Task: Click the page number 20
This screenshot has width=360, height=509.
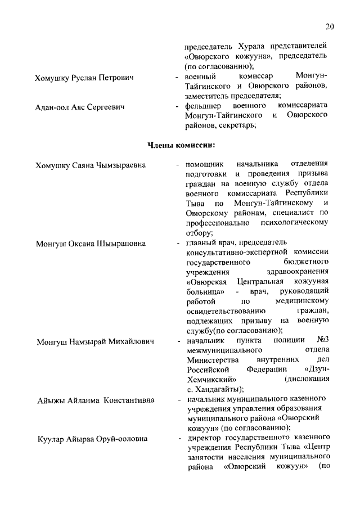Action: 330,26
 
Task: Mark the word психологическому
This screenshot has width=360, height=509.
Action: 293,223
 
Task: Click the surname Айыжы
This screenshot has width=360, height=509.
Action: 49,400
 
